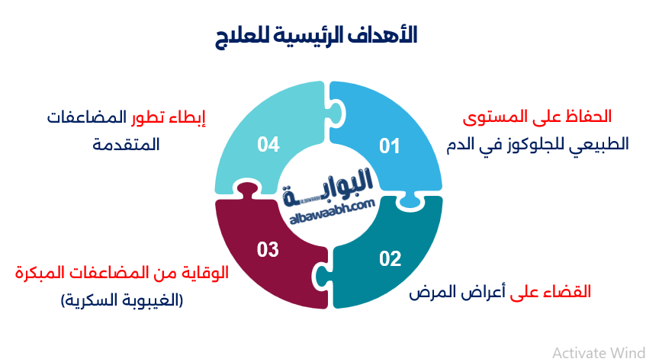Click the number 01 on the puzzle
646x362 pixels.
coord(390,146)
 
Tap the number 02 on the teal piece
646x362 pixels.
coord(390,258)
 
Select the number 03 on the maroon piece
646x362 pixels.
coord(268,249)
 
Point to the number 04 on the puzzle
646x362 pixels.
coord(268,144)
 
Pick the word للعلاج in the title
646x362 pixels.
coord(259,35)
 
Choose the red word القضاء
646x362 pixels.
coord(571,292)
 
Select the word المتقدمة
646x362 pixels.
coord(126,144)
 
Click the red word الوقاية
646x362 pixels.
coord(209,272)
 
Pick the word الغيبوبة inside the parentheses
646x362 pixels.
coord(149,300)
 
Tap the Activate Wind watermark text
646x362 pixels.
coord(597,352)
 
